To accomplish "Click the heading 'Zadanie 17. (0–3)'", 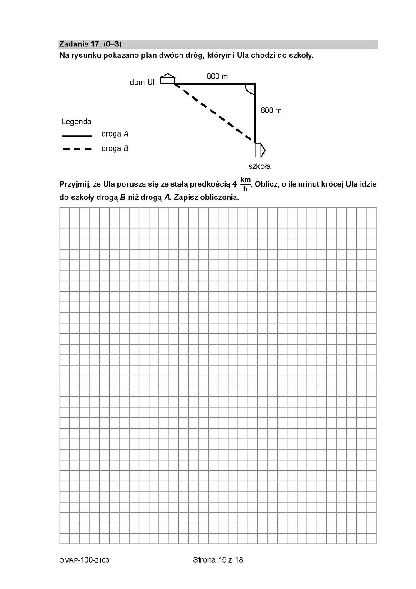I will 90,44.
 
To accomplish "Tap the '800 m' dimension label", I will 217,76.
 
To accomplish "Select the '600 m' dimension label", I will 271,111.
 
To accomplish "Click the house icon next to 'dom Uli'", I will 168,79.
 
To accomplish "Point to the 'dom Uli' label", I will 143,82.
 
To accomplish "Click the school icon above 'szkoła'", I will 260,150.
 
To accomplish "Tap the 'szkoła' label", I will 259,166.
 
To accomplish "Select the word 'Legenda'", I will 76,122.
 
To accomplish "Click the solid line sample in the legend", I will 77,136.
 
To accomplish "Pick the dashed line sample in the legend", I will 77,149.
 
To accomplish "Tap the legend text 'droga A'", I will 115,134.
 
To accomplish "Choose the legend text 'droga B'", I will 115,148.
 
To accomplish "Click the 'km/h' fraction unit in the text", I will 246,184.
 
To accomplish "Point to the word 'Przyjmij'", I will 75,184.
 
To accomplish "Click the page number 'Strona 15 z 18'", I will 218,560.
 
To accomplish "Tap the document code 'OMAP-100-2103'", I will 84,560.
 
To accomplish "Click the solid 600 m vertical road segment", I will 255,114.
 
